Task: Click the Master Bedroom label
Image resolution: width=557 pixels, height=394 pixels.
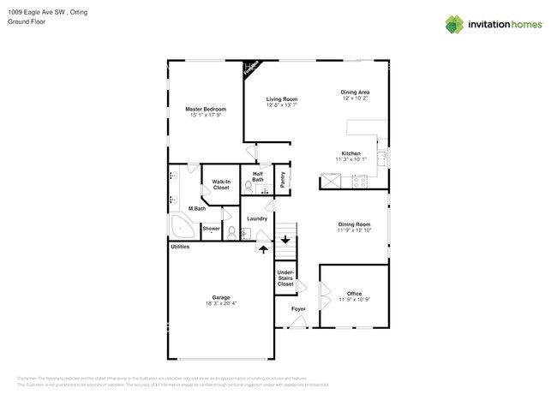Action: [206, 110]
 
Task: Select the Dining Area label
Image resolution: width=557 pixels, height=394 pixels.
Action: [355, 92]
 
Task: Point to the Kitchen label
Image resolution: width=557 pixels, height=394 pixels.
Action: [351, 153]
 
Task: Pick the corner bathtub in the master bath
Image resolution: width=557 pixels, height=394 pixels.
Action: [182, 227]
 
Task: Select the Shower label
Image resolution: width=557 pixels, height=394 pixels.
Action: [211, 229]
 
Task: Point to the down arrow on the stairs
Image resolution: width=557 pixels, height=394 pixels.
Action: [284, 241]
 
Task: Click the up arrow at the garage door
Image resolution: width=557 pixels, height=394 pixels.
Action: [263, 248]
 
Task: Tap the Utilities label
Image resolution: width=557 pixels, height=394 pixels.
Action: [180, 247]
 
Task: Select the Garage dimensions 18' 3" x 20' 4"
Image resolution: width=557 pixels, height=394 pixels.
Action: [221, 303]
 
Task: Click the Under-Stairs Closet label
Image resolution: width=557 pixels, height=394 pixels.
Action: [285, 279]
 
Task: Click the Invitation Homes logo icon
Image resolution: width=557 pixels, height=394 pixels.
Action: [454, 24]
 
